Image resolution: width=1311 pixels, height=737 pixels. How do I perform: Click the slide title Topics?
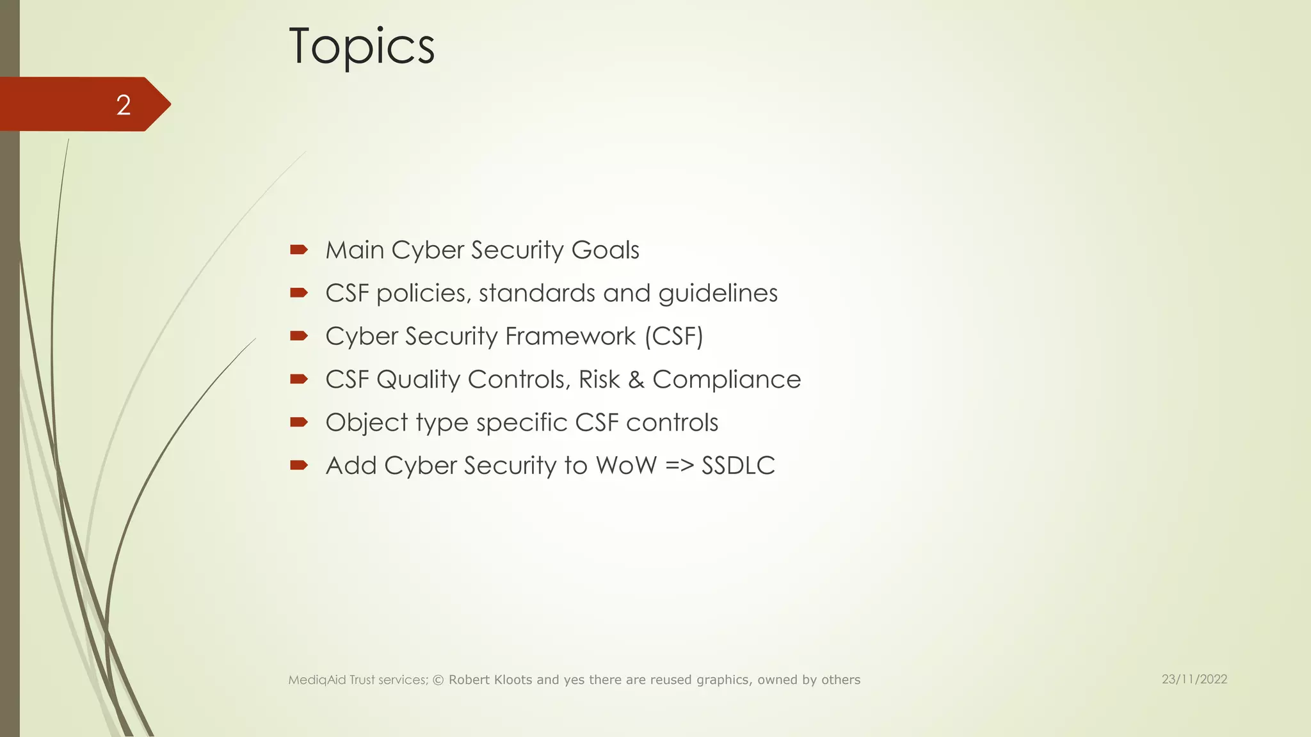362,46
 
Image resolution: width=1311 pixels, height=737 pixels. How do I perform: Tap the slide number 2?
124,105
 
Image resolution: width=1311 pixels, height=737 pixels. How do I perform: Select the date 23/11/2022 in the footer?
1194,679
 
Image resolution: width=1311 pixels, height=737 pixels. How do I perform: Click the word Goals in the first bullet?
605,250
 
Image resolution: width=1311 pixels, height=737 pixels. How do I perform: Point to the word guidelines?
718,294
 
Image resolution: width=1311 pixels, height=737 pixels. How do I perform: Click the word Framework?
570,337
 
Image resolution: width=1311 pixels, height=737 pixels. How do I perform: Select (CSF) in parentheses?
674,337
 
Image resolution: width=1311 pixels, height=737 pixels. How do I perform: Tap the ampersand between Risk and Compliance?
636,380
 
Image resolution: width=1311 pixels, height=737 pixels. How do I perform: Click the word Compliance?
727,380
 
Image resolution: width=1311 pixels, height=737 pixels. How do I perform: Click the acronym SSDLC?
738,466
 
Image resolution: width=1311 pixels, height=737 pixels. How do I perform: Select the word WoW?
626,466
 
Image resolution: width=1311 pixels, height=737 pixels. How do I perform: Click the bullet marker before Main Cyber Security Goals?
299,250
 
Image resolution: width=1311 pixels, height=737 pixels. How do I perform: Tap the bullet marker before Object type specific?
299,422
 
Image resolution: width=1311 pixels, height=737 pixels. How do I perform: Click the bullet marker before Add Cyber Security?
299,465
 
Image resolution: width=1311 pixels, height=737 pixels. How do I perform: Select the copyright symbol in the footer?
438,680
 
